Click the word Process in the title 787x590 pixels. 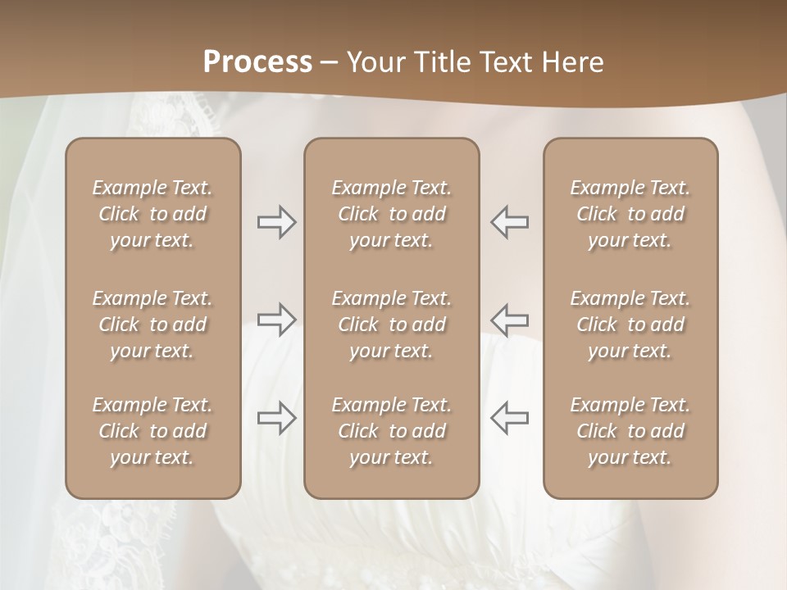[x=257, y=62]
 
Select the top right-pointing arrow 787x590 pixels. [x=276, y=222]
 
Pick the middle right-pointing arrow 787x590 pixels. [x=276, y=319]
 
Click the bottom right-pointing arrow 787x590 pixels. [x=276, y=418]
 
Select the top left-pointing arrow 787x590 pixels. [x=510, y=222]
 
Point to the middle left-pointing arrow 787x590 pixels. [x=510, y=319]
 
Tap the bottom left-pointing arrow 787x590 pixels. [x=510, y=418]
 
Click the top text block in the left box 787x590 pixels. [x=152, y=214]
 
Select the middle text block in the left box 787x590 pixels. [x=152, y=324]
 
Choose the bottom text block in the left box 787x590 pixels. [x=152, y=431]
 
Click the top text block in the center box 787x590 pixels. [x=391, y=214]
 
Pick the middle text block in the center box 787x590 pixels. [x=391, y=324]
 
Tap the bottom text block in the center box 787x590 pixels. [x=391, y=431]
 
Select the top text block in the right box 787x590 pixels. [x=630, y=214]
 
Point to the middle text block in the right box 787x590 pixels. [x=630, y=324]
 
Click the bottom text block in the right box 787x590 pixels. [x=630, y=431]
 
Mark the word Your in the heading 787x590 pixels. [x=374, y=62]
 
